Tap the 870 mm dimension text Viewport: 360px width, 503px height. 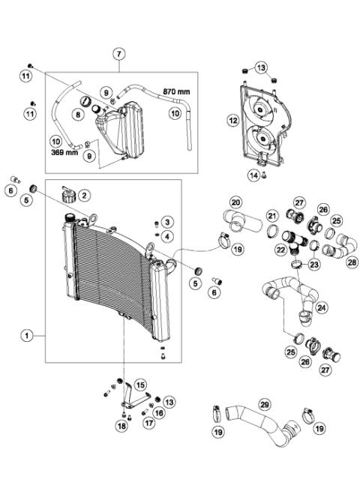177,92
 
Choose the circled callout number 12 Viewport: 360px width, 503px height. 233,119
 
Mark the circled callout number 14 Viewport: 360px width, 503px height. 253,175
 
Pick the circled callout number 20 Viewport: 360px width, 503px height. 235,202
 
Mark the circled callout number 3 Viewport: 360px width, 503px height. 167,221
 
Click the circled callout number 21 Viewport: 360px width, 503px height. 272,217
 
